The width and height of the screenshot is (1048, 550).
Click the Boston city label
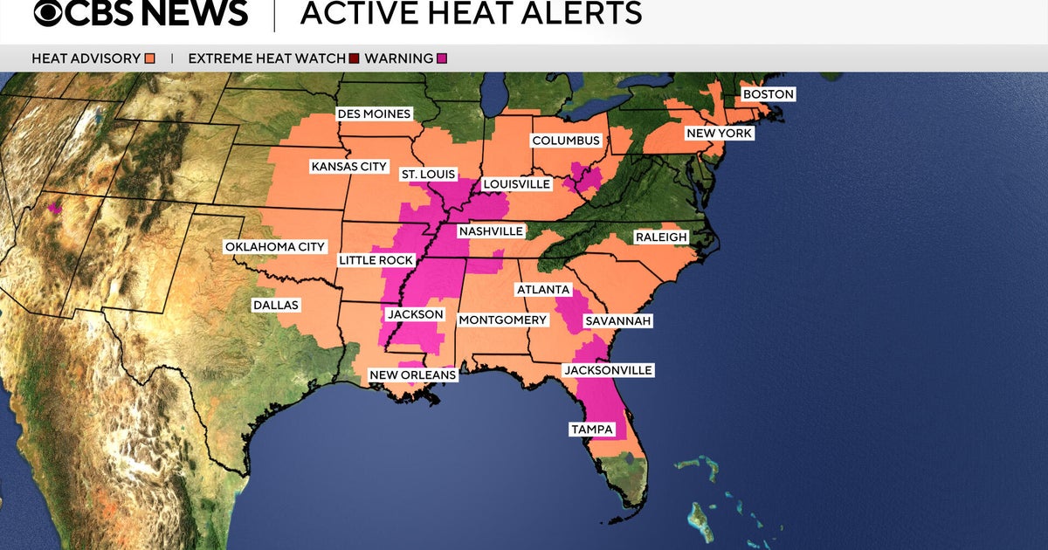click(768, 94)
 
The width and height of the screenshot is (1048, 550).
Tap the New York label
click(719, 134)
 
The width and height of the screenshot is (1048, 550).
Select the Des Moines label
click(374, 114)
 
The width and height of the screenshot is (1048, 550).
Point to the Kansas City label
click(349, 167)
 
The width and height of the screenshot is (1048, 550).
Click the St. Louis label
click(428, 175)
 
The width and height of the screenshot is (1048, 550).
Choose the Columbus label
click(566, 141)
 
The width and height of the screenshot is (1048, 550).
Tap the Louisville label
click(516, 184)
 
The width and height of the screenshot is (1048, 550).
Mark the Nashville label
click(490, 231)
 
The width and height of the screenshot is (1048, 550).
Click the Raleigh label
click(661, 237)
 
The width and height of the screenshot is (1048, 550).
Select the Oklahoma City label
click(275, 247)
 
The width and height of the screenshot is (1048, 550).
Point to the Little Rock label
click(376, 260)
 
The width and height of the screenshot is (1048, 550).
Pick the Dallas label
click(275, 306)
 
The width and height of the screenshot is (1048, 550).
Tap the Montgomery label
click(502, 320)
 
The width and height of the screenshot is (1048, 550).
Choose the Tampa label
click(591, 430)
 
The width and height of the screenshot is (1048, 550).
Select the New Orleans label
click(413, 375)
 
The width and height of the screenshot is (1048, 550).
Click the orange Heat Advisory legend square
click(150, 58)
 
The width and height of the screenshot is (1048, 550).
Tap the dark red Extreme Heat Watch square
click(354, 58)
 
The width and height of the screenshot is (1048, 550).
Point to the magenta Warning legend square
click(442, 58)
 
